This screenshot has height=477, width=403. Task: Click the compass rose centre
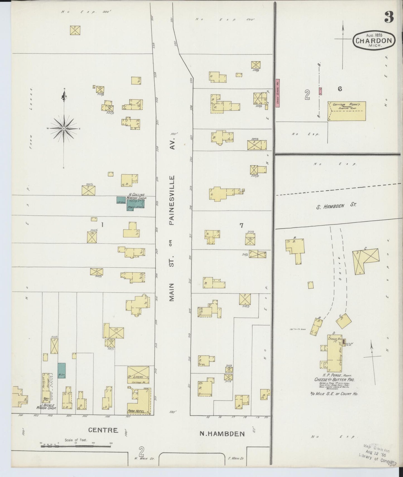64,128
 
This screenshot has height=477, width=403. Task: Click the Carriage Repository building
346,111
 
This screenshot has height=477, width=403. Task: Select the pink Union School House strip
277,93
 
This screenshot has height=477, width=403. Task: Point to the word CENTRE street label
103,438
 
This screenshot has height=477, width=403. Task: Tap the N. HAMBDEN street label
222,442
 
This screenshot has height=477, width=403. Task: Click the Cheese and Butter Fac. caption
334,380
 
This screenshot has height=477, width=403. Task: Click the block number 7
242,226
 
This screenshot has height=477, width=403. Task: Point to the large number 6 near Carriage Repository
340,89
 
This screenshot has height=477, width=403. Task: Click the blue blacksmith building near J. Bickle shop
62,370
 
